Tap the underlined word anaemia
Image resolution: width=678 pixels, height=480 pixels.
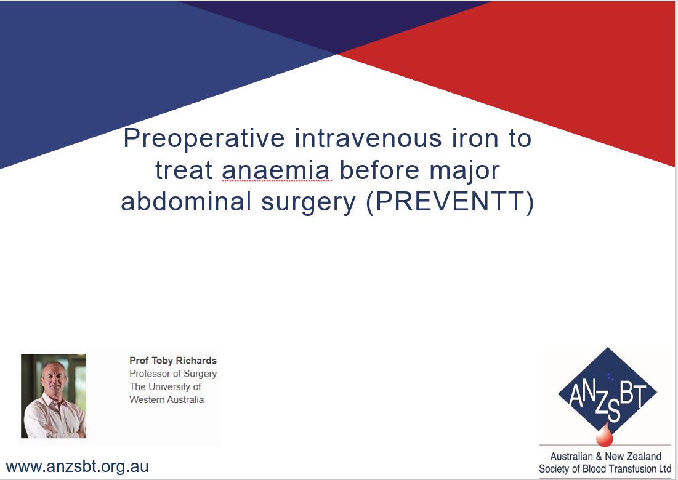[276, 170]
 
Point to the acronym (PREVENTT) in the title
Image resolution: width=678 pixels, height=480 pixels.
[450, 202]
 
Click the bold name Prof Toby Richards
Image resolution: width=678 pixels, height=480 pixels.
[173, 361]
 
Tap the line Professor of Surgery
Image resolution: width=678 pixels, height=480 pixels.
[173, 374]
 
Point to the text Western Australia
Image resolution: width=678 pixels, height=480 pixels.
[166, 399]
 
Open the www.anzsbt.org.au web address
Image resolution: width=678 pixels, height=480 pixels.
[77, 466]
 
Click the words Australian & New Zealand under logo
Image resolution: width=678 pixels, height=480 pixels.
[605, 457]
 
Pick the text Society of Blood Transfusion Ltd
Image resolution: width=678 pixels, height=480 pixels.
[605, 469]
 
